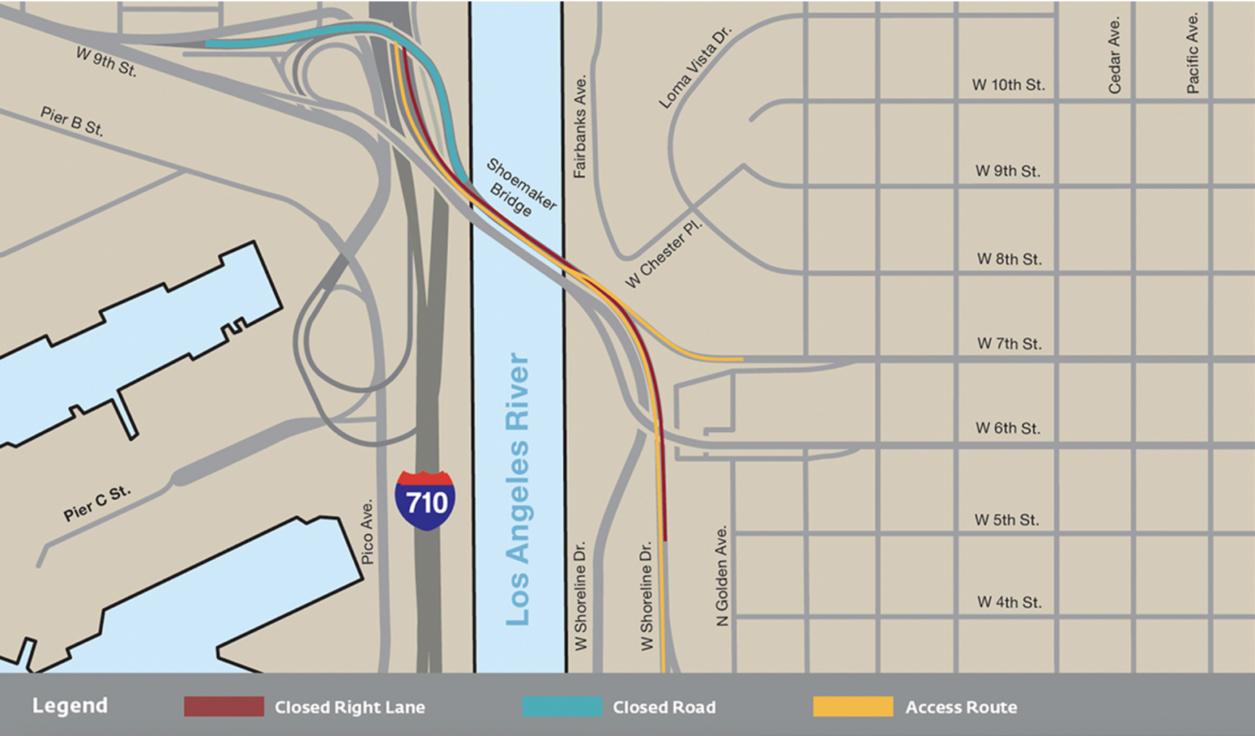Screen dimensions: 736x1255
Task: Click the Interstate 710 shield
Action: [425, 501]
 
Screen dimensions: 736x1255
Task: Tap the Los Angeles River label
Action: [519, 490]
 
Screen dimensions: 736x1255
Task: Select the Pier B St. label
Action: [72, 122]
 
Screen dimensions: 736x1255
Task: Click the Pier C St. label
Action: [97, 504]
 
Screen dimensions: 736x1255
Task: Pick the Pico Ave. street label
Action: [367, 532]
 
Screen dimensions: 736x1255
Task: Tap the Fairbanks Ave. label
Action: [580, 126]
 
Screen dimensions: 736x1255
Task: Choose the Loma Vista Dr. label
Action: [695, 67]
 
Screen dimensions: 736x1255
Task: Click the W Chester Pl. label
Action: [663, 253]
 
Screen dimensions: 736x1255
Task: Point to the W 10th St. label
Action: [1008, 85]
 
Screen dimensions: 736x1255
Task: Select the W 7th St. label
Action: [1009, 344]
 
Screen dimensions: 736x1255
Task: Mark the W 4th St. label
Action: [1009, 602]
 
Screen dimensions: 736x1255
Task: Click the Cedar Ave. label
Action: [1114, 55]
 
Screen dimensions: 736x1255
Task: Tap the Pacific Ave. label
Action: [1193, 53]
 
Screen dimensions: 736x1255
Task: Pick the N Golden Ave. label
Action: [722, 576]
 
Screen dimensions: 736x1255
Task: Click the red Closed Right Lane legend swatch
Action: [224, 706]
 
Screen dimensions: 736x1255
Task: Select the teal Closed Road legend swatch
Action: [562, 706]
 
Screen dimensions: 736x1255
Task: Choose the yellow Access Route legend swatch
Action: [853, 706]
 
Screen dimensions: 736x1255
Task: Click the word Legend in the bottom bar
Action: [70, 706]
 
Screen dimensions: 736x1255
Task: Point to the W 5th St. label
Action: [1007, 520]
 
